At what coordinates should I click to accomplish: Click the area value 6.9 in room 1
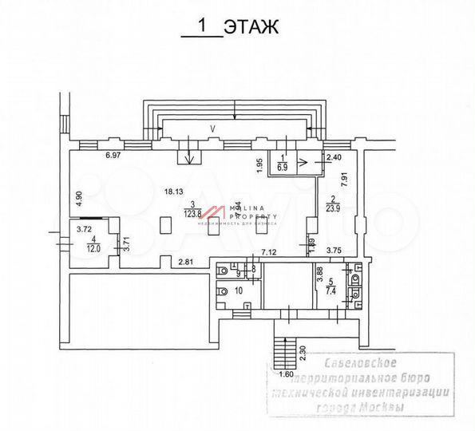(x=283, y=168)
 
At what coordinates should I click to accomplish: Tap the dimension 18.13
(x=173, y=192)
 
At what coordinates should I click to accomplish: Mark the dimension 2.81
(x=187, y=261)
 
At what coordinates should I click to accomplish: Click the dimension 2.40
(x=334, y=158)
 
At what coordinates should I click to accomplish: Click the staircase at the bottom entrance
(x=281, y=350)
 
